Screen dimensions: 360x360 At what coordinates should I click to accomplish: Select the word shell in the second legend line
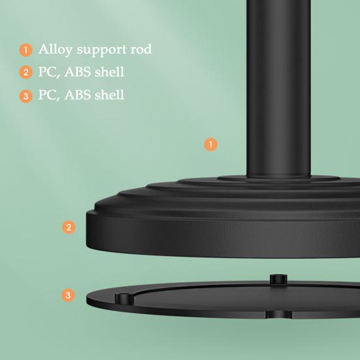click(108, 72)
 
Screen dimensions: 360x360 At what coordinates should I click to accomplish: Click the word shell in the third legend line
click(108, 95)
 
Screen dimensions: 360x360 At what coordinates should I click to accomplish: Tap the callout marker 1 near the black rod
click(210, 144)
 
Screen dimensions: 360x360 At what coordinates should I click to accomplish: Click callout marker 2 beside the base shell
click(69, 228)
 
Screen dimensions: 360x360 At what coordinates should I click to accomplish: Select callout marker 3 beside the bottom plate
click(69, 295)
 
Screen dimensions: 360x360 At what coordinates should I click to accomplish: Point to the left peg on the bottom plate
click(123, 299)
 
